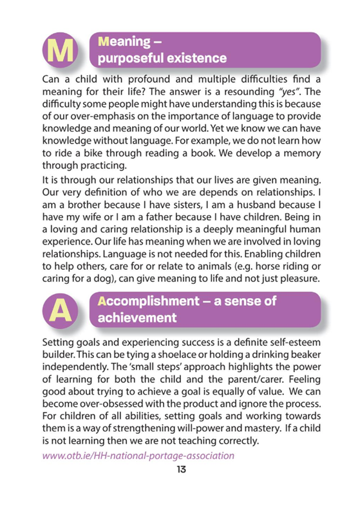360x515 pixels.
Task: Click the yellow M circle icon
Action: point(60,50)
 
